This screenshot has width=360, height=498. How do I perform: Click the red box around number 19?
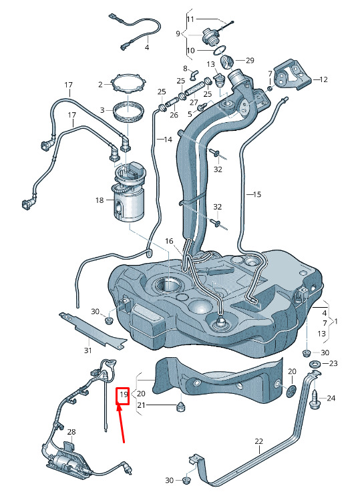122,396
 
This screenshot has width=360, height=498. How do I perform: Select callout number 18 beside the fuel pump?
100,200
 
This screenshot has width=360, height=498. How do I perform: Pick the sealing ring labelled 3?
130,111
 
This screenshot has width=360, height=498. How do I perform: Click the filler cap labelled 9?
210,37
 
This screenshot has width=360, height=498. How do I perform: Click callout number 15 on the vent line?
256,194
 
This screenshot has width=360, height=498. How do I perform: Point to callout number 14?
168,139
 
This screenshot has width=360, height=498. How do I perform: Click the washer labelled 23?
315,364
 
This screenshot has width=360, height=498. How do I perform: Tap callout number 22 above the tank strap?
259,441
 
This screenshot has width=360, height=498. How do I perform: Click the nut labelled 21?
181,406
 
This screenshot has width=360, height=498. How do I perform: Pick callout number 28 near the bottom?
71,432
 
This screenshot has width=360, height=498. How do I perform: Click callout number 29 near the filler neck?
250,60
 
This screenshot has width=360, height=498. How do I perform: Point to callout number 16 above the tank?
169,242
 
